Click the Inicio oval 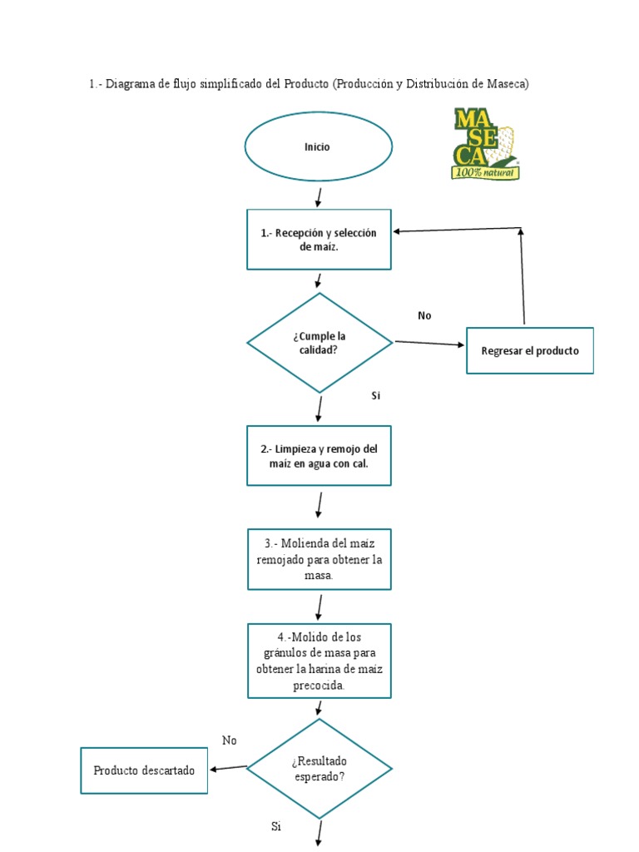pos(318,147)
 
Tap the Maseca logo pos(485,143)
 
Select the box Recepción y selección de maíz pos(319,240)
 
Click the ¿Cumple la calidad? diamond pos(319,343)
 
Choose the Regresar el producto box pos(530,351)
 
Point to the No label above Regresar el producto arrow pos(424,315)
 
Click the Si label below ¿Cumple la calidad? pos(375,396)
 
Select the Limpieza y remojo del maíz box pos(319,456)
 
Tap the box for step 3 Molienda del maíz pos(319,559)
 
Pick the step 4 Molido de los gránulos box pos(319,661)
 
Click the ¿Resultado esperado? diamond pos(319,769)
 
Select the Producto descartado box pos(144,770)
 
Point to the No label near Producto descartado pos(230,741)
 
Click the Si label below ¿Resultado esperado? pos(276,826)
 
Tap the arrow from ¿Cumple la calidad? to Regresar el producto pos(429,343)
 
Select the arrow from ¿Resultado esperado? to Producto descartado pos(228,768)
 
